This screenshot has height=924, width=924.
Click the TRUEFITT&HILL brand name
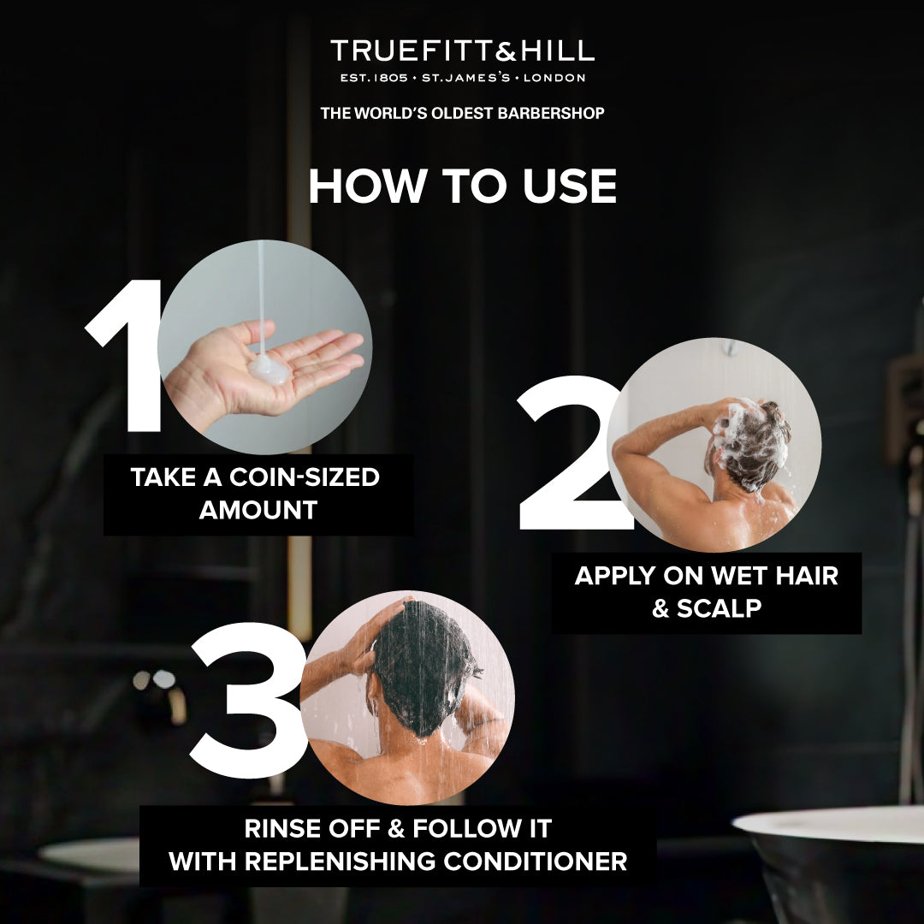(x=462, y=51)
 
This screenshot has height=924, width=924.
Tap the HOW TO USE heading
(x=462, y=187)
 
